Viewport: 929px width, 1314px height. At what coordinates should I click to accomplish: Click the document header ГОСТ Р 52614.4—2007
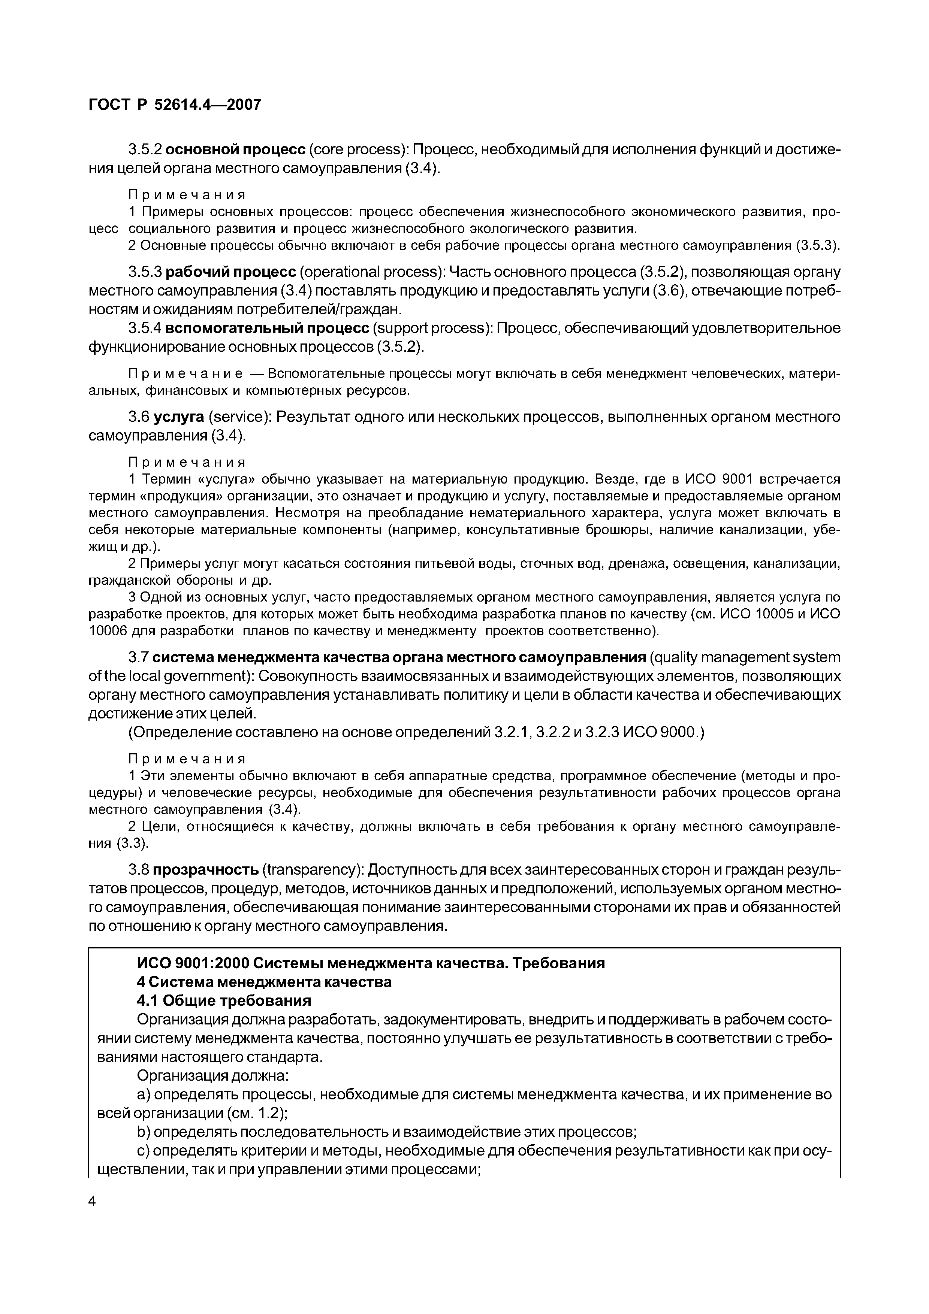(175, 105)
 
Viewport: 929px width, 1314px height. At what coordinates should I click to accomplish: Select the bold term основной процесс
(236, 150)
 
